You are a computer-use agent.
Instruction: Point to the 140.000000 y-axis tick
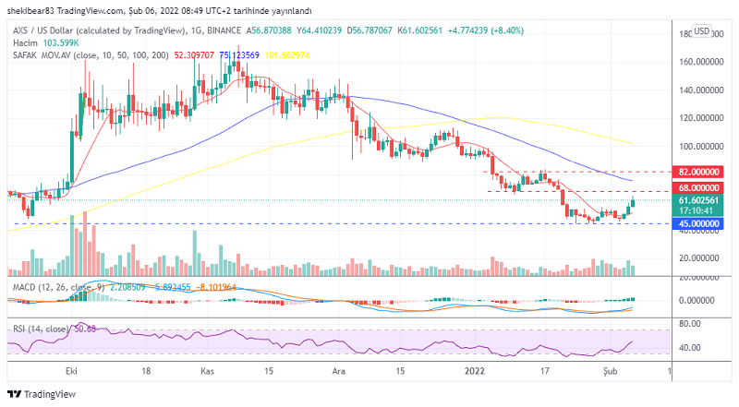click(699, 90)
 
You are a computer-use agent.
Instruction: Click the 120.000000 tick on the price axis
click(699, 118)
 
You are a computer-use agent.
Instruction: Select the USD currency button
click(701, 31)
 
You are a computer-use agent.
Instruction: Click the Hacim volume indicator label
click(25, 42)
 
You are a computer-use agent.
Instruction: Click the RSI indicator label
click(19, 328)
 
